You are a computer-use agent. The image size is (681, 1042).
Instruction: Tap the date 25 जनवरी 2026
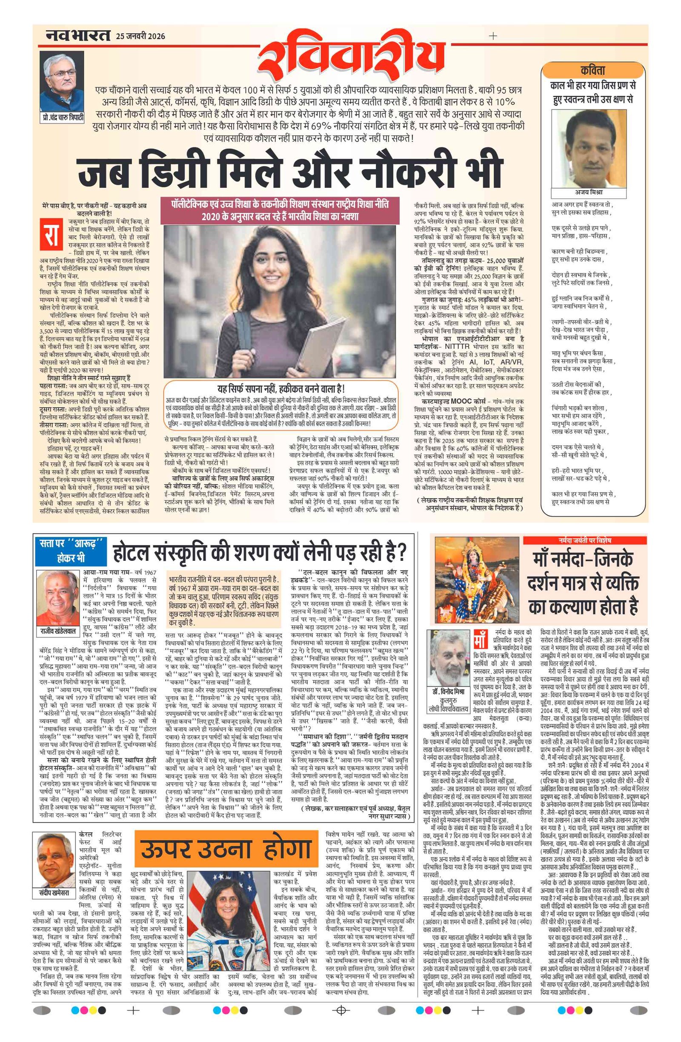click(x=140, y=36)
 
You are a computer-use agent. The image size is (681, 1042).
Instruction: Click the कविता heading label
click(x=593, y=70)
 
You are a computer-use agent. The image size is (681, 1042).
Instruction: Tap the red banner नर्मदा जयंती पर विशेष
click(x=584, y=540)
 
